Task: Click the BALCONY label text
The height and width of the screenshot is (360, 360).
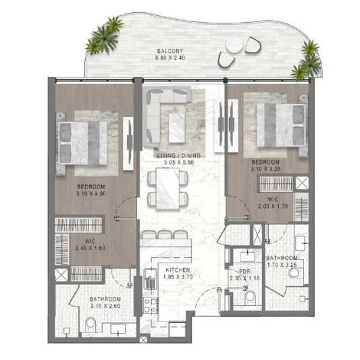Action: click(170, 51)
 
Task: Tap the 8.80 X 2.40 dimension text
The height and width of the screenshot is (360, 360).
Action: click(170, 58)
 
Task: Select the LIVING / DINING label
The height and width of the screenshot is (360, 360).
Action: click(179, 155)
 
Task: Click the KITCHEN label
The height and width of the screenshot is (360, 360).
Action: click(178, 270)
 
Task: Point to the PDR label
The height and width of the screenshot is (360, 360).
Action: click(245, 272)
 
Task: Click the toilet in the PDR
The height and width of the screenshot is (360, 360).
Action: click(250, 298)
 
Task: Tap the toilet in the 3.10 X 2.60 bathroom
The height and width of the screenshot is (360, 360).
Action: click(91, 325)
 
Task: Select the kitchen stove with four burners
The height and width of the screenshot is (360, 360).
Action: click(151, 305)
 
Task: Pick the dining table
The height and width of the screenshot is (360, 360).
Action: click(168, 188)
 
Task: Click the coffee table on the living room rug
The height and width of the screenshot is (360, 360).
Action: click(177, 128)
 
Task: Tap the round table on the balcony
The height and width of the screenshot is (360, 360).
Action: click(234, 45)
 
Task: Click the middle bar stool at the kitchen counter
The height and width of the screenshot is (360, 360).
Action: click(165, 234)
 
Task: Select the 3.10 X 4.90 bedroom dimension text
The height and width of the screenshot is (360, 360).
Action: click(91, 194)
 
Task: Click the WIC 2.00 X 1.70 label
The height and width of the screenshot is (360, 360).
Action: click(273, 203)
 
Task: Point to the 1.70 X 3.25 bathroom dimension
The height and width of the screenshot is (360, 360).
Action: click(282, 265)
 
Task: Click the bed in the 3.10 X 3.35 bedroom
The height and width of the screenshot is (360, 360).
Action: click(282, 125)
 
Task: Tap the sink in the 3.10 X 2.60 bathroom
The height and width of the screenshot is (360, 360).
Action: click(118, 329)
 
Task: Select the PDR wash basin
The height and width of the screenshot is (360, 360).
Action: click(247, 257)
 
